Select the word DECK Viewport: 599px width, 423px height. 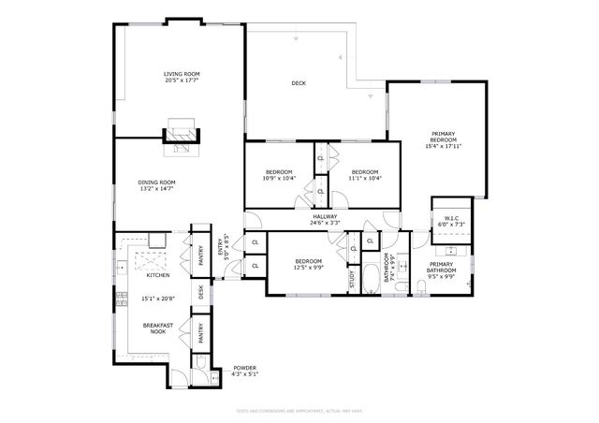(x=299, y=83)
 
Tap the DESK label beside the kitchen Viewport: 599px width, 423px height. (x=199, y=291)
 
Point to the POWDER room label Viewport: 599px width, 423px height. (x=245, y=368)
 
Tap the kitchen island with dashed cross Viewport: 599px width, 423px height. (x=151, y=260)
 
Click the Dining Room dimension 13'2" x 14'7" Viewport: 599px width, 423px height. (x=156, y=189)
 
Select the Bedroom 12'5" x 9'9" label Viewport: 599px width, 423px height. (x=309, y=265)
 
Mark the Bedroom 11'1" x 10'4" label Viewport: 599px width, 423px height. (x=365, y=176)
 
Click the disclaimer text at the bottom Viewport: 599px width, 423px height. (x=299, y=409)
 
